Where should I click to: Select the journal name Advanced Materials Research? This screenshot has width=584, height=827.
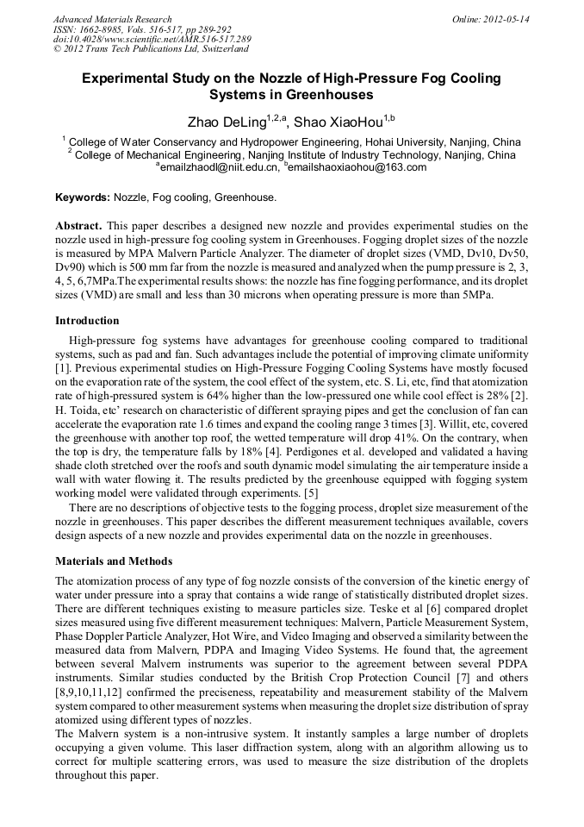tap(112, 19)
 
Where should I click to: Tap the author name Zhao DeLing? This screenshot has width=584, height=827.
tap(227, 121)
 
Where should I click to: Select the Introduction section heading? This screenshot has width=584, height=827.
tap(87, 320)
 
